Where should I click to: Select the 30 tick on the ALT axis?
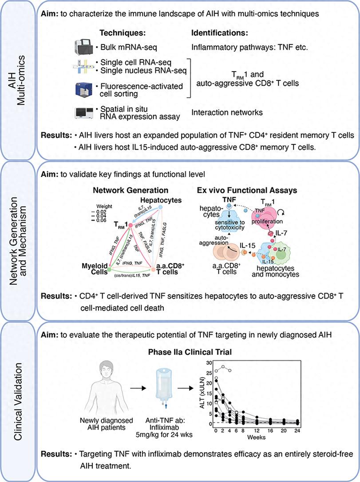pyautogui.click(x=206, y=364)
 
